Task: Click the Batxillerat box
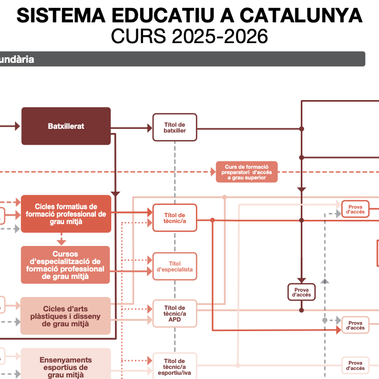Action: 66,126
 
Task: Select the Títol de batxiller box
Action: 175,127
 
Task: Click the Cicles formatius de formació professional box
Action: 66,214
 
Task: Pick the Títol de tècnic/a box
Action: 175,218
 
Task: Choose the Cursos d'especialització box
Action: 65,265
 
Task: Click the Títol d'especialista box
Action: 175,267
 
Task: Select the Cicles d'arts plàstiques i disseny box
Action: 65,316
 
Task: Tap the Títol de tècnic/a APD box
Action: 175,314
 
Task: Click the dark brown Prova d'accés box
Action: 301,292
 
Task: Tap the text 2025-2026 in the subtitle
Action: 219,37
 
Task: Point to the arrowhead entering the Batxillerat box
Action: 17,126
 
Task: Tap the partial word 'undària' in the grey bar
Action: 17,59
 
